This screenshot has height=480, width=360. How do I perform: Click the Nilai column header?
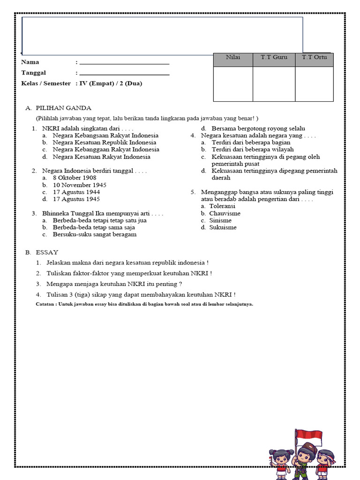tap(233, 57)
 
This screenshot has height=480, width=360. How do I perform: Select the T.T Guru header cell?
tap(274, 57)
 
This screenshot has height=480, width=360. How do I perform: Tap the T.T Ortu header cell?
tap(315, 57)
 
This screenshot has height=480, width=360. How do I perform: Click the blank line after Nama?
tap(124, 62)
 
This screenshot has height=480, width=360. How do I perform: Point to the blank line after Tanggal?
tap(124, 74)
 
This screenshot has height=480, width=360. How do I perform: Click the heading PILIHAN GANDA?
tap(63, 108)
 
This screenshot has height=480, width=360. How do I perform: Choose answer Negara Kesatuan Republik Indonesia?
tap(104, 142)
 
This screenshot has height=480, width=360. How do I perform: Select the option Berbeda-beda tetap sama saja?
tap(94, 227)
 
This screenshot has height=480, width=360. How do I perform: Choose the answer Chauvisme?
tap(225, 213)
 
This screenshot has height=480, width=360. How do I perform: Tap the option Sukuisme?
tap(223, 227)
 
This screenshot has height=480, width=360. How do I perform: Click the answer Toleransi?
tap(222, 206)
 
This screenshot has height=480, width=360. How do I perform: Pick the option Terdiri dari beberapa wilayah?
tap(253, 150)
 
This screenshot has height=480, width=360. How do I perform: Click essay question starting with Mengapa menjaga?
tap(114, 284)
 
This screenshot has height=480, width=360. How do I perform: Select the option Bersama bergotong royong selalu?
tap(258, 128)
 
